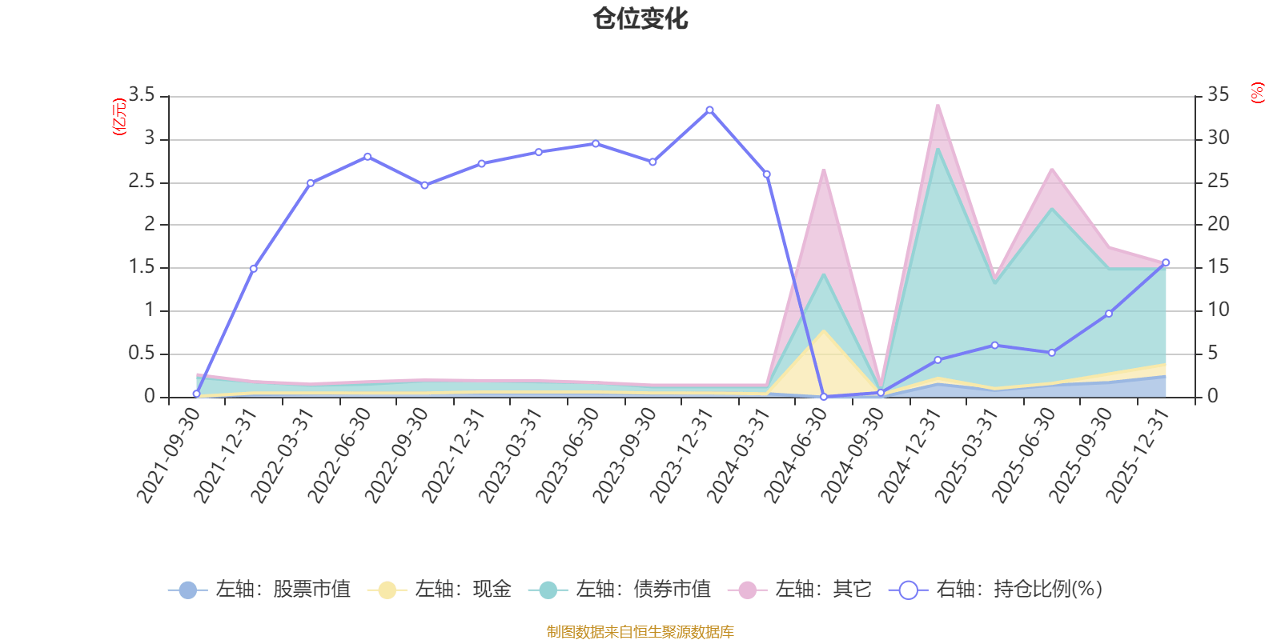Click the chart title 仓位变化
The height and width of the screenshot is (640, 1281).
[640, 18]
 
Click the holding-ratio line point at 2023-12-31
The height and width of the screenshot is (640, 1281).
[709, 110]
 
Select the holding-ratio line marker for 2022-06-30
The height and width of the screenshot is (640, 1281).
[367, 157]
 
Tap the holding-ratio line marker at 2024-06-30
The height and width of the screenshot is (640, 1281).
[823, 397]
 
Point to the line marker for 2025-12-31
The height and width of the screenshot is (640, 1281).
[1165, 262]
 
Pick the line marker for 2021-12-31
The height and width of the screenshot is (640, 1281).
[253, 269]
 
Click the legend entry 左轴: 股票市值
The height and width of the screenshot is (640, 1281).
[260, 590]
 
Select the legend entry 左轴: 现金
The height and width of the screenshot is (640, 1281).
[440, 590]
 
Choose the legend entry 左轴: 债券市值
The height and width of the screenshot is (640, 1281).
[620, 590]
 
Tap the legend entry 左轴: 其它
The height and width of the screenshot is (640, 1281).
[800, 590]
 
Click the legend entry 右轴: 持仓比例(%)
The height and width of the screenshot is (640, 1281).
[996, 590]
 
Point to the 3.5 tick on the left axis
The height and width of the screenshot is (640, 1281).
[142, 96]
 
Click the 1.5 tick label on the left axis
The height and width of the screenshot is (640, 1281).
[142, 267]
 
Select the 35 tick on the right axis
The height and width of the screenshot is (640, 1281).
[1219, 96]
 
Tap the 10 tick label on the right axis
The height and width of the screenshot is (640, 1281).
[1219, 310]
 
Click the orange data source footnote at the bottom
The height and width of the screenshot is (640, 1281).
[640, 632]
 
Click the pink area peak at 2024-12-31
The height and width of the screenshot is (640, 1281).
[938, 106]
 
